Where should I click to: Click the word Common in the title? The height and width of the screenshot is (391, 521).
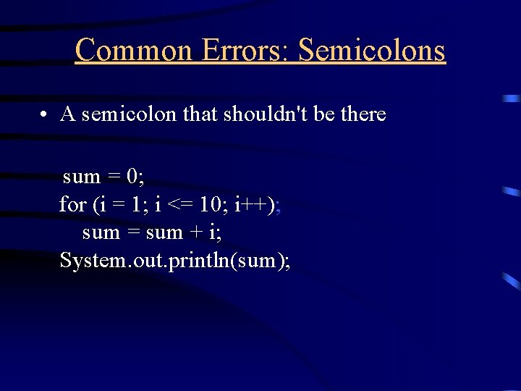pos(133,50)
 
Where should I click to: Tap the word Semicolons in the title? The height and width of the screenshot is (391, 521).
pos(372,50)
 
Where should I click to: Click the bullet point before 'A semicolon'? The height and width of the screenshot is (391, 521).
pos(44,114)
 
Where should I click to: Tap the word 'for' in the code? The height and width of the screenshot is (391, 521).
pos(72,205)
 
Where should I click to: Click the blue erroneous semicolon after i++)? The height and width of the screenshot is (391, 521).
pos(279,206)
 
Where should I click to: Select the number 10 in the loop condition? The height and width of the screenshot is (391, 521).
pos(211,205)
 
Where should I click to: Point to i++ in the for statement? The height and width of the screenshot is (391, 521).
pos(250,205)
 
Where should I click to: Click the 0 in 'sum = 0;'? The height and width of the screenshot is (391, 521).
pos(132,177)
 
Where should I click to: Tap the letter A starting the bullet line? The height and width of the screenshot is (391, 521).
pos(68,114)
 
